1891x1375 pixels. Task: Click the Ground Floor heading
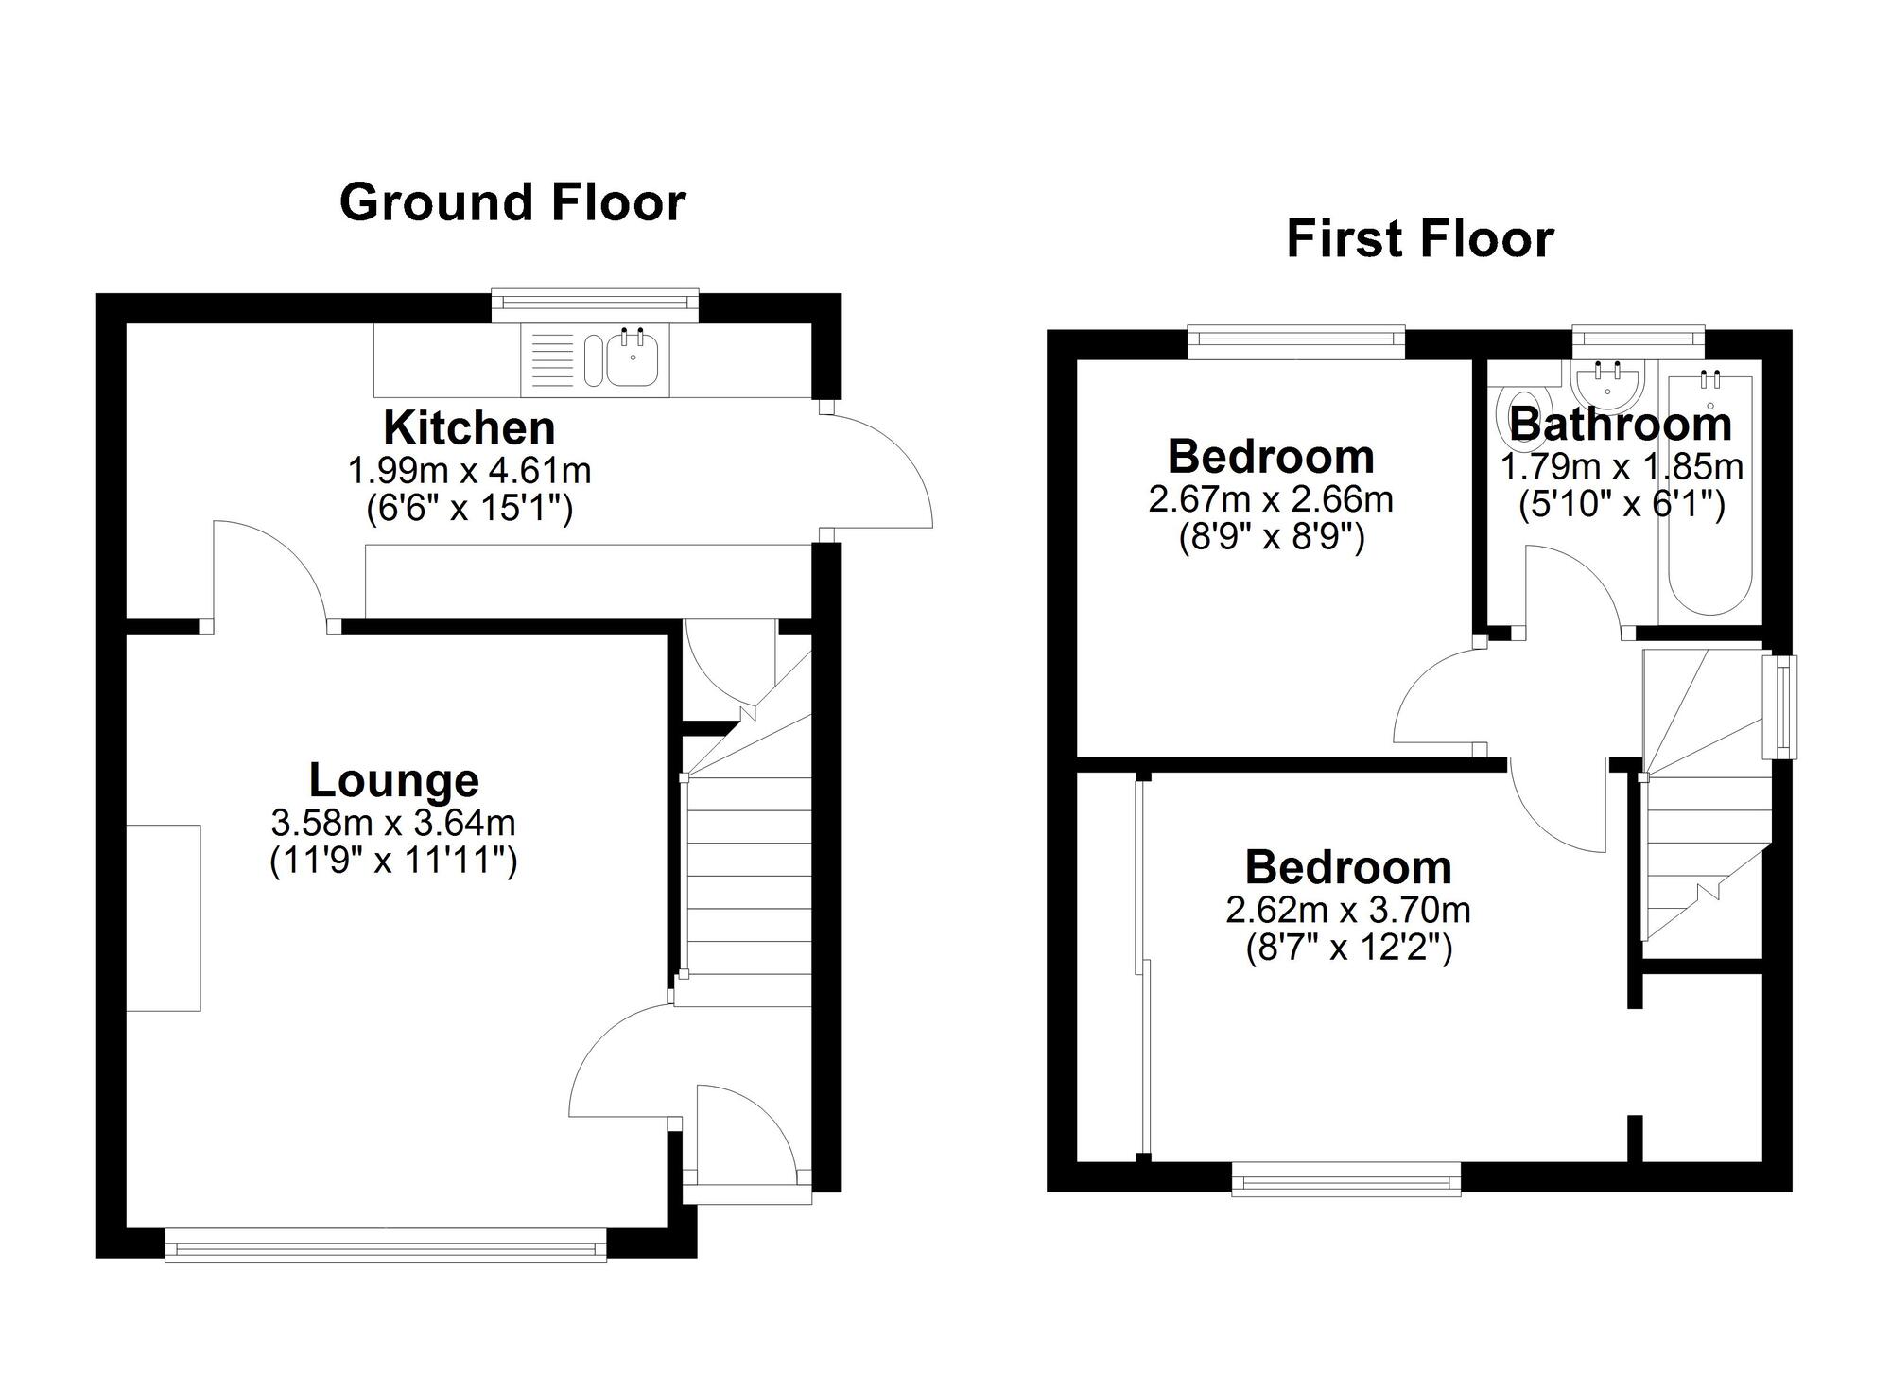[x=512, y=203]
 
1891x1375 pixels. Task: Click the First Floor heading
[x=1420, y=239]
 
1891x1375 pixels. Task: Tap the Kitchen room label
[x=469, y=428]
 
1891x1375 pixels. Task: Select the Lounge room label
[x=394, y=780]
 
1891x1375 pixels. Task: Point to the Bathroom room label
[x=1621, y=424]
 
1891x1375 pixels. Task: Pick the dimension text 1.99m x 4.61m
[x=470, y=470]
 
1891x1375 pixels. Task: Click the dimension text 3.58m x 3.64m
[x=393, y=823]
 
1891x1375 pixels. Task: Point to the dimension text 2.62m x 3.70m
[x=1348, y=910]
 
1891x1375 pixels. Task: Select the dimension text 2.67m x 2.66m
[x=1271, y=499]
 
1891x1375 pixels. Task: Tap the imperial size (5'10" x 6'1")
[x=1622, y=505]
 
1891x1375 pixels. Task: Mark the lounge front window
[x=386, y=1244]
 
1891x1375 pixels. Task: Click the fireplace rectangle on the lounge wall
[x=164, y=917]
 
